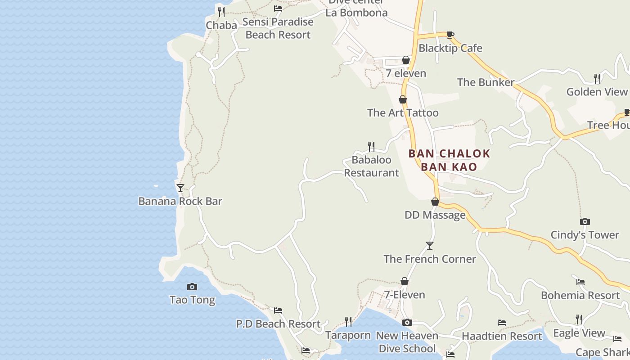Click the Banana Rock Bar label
tap(180, 201)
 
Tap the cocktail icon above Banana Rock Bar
tap(180, 188)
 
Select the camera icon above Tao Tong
tap(192, 287)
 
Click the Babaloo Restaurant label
tap(371, 166)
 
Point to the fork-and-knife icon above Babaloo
tap(371, 146)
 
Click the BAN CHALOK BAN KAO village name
tap(449, 160)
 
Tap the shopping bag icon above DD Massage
tap(435, 202)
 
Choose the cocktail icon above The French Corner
tap(430, 246)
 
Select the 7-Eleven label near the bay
tap(405, 295)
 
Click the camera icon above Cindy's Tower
tap(585, 221)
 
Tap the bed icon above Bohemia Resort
tap(580, 282)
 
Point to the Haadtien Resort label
tap(502, 336)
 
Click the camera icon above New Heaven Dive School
tap(407, 322)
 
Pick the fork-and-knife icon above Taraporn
tap(348, 321)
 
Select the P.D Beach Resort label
tap(278, 324)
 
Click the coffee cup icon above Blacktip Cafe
tap(450, 35)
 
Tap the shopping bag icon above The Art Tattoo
tap(403, 99)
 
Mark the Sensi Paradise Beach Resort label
tap(278, 28)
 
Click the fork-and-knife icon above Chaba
tap(221, 12)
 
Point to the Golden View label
tap(597, 92)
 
